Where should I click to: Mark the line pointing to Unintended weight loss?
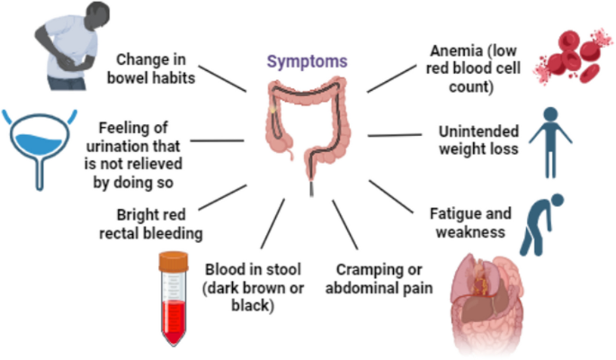pyautogui.click(x=391, y=136)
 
